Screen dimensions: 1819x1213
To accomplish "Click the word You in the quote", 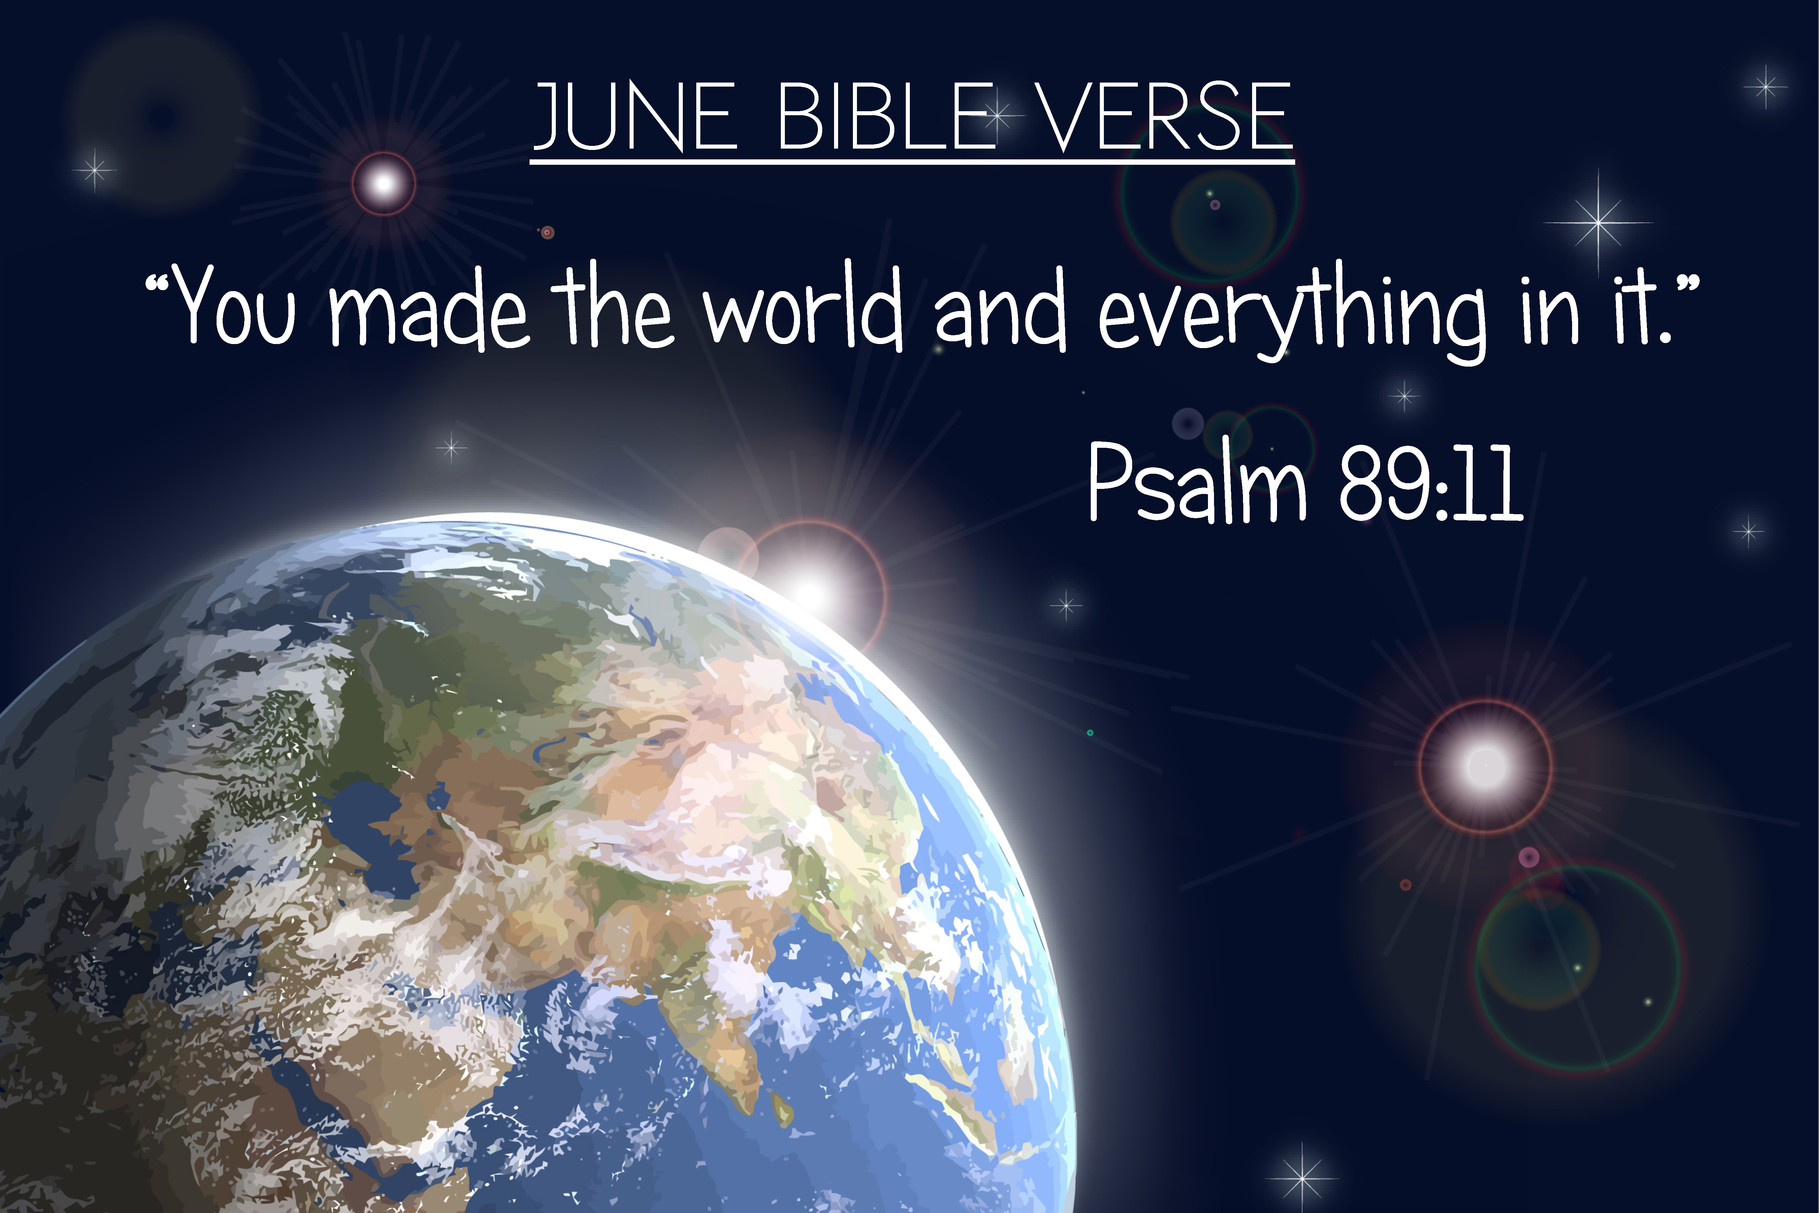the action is click(232, 306).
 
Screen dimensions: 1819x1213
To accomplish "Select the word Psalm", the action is click(1197, 481).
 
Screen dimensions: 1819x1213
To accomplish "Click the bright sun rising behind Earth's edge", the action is click(810, 594).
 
